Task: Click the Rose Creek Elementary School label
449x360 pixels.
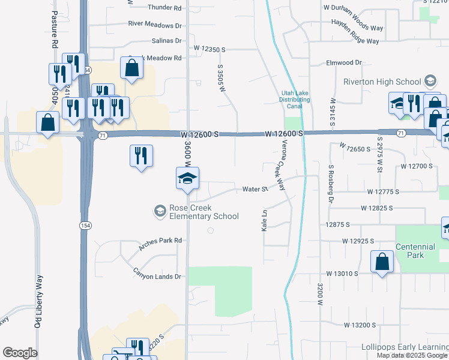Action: pos(203,212)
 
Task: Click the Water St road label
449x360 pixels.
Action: pos(255,190)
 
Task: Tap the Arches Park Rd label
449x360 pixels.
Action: pos(160,241)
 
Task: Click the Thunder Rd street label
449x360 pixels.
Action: pos(164,8)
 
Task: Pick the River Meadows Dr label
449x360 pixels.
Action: pos(154,25)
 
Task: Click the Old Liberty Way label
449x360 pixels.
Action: pos(38,301)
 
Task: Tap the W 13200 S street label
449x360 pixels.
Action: pos(360,325)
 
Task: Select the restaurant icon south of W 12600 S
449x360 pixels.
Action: pos(141,156)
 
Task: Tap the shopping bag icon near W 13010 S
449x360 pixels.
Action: pos(382,262)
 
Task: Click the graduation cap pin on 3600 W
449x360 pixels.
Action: pos(187,178)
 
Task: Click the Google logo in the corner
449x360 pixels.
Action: pos(20,353)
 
